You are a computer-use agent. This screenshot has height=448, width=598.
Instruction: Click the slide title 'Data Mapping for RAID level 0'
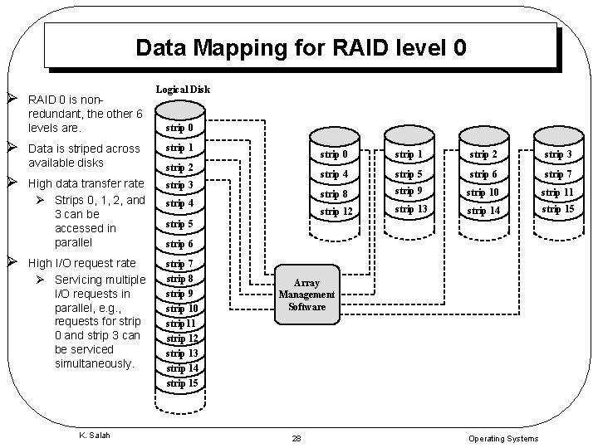(x=300, y=46)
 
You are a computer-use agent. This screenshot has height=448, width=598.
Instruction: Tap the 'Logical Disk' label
(x=182, y=90)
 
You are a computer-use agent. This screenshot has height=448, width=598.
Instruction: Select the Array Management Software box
(x=306, y=295)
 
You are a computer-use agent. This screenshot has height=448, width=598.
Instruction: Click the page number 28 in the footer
(x=297, y=438)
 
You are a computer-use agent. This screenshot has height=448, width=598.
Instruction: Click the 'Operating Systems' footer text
(x=503, y=438)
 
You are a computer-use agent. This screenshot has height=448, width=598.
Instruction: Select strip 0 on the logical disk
(x=179, y=129)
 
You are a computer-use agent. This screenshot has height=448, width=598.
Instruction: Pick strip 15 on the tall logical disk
(x=182, y=383)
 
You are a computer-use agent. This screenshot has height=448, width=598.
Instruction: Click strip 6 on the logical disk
(x=179, y=244)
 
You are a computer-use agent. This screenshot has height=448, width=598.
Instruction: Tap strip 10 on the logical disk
(x=182, y=309)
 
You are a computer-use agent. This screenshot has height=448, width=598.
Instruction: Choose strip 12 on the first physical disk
(x=336, y=212)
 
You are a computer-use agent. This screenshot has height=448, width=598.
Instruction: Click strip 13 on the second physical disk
(x=410, y=209)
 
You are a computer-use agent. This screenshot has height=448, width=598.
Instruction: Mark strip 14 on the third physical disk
(x=483, y=212)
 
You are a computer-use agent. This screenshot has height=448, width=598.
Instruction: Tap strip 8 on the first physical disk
(x=336, y=194)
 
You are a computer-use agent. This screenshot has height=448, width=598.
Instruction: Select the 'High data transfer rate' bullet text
(x=86, y=183)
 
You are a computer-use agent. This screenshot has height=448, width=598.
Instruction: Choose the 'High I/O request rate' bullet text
(x=81, y=263)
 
